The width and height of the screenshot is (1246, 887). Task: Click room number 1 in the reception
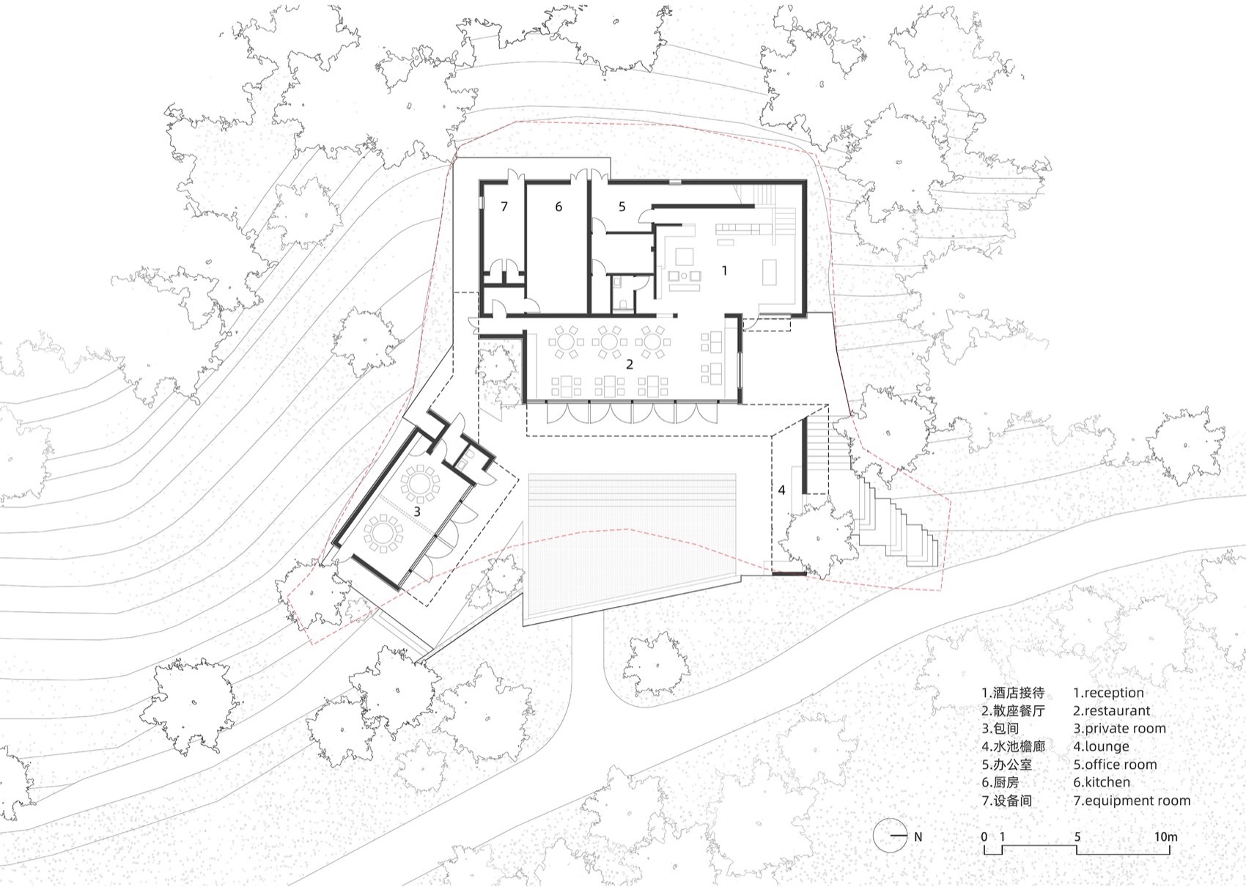[x=724, y=270]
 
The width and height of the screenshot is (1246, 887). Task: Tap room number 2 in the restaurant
[x=629, y=364]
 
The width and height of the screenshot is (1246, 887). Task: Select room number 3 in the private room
[x=417, y=512]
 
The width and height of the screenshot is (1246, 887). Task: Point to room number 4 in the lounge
[x=781, y=490]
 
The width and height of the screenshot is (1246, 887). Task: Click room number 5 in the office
[x=622, y=207]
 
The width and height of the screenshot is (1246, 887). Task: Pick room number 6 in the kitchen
[x=558, y=207]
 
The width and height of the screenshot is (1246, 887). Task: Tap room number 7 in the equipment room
[x=504, y=207]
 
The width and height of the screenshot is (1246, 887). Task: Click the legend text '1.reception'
[x=1108, y=693]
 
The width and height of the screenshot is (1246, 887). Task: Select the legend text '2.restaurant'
[x=1112, y=710]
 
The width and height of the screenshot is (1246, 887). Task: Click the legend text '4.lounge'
[x=1101, y=746]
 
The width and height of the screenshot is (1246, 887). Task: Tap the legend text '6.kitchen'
[x=1102, y=782]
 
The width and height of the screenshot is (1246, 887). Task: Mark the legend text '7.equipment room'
[x=1132, y=800]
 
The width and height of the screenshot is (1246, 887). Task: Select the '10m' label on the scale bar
[x=1166, y=836]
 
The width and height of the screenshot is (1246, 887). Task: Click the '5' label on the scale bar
[x=1077, y=836]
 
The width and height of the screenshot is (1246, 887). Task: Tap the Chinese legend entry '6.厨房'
[x=1000, y=782]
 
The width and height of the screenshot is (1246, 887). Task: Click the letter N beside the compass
[x=918, y=836]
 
